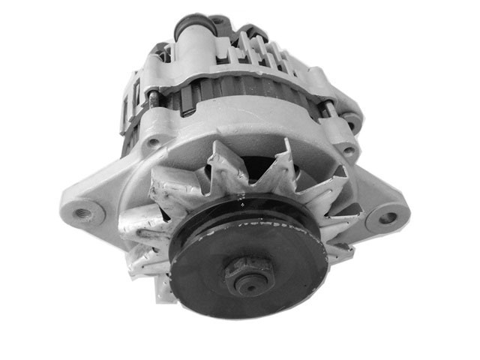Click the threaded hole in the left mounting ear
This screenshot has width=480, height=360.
coord(83,212)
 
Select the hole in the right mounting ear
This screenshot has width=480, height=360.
coord(387,218)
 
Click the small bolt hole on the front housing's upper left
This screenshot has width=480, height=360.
coord(154,141)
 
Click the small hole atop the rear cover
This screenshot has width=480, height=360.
coord(217,21)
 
